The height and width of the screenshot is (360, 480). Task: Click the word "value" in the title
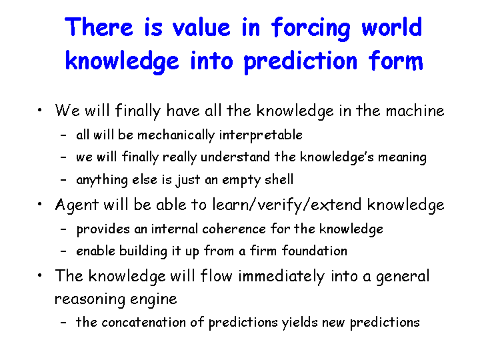point(201,27)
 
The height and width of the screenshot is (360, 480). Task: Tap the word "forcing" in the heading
point(311,29)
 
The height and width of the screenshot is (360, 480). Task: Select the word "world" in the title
point(392,27)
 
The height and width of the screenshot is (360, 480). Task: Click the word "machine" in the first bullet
point(415,111)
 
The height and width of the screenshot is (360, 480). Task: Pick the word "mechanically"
point(176,135)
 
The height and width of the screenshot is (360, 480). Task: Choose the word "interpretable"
point(261,135)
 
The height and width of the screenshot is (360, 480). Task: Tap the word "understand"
point(235,157)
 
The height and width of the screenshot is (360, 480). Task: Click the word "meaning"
point(402,157)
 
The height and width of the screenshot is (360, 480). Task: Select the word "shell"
point(279,179)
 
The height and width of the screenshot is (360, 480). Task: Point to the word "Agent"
point(77,205)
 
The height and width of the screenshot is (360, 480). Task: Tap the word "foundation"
point(315,251)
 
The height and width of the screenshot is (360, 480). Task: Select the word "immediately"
point(281,276)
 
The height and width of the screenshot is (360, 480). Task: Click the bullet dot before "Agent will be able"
point(39,204)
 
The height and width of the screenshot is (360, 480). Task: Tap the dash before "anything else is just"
point(63,180)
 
